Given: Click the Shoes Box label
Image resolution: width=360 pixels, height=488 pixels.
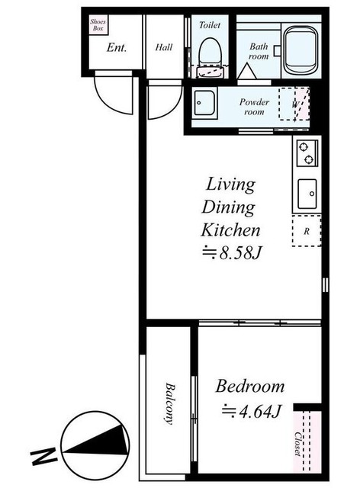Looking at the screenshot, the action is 98,25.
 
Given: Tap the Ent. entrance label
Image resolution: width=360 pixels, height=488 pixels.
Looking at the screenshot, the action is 117,47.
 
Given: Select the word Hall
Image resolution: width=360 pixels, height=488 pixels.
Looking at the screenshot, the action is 164,47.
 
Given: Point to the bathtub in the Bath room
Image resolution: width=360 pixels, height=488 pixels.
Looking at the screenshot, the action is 301,50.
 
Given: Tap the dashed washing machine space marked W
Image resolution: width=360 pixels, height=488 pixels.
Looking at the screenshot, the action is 294,104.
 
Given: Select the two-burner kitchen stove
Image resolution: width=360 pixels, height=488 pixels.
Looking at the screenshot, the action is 307,152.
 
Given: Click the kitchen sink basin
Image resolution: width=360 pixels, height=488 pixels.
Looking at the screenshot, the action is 307,194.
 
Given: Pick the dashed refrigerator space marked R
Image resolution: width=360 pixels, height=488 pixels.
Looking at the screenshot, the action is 307,231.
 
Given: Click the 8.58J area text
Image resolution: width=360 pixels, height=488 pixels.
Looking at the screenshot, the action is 231,253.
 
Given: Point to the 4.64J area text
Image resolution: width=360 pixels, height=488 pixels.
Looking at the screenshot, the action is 252,412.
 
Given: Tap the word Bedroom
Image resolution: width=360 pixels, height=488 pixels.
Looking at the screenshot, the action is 250,387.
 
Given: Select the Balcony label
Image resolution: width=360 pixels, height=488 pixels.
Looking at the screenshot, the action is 170,403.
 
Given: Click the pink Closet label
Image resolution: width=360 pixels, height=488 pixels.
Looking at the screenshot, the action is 298,444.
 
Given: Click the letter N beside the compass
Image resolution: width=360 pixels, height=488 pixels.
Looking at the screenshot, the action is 43,456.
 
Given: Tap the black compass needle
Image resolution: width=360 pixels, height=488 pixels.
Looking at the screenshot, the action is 97,441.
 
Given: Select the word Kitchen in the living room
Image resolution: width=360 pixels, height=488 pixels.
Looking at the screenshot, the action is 231,230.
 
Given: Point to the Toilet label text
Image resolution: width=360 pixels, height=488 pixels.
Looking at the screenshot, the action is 210,25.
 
